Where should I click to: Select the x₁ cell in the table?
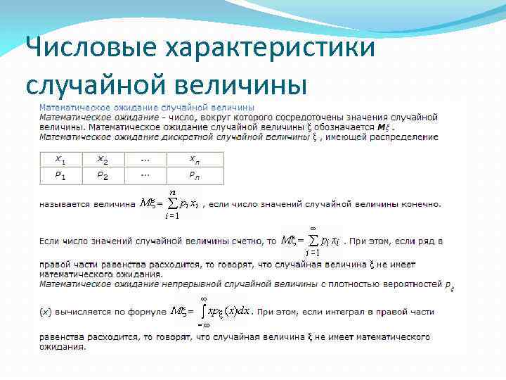coord(61,160)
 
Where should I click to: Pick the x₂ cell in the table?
coord(103,160)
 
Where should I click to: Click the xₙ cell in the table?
coord(195,160)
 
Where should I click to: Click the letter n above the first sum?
coord(172,191)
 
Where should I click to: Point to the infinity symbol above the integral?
coord(204,299)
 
